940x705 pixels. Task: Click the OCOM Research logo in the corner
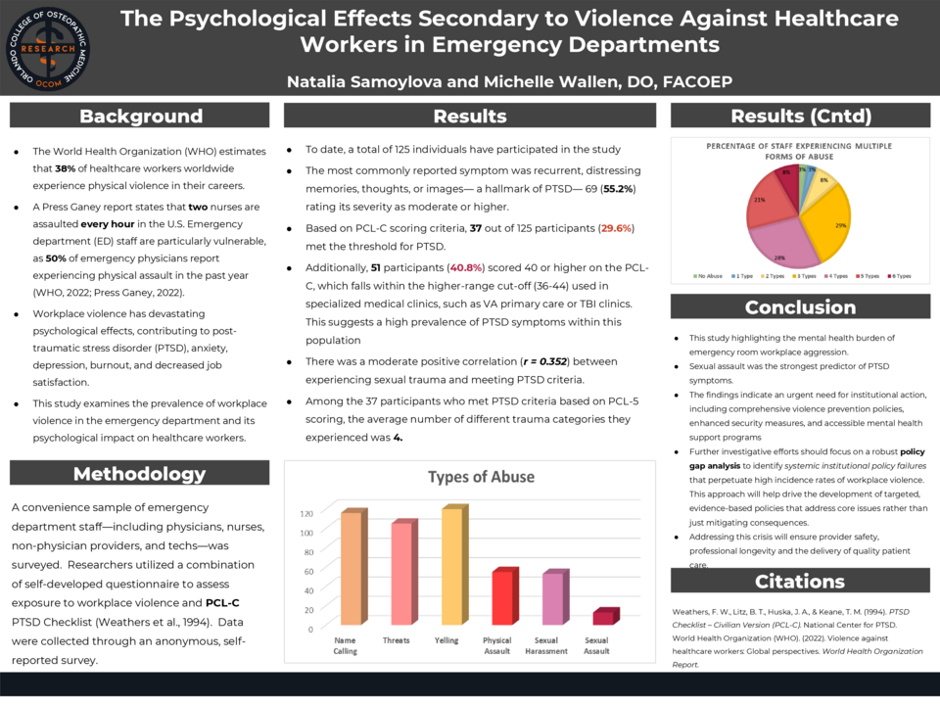pos(45,45)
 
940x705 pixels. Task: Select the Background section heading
pos(141,116)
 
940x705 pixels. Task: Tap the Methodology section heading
pos(141,474)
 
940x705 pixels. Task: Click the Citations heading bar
pos(799,581)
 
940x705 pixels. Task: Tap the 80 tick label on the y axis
pos(306,551)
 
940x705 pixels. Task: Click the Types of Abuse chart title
pos(481,477)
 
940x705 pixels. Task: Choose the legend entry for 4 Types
pos(830,276)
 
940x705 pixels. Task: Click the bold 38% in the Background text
pos(67,167)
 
